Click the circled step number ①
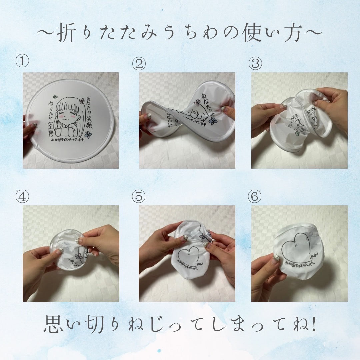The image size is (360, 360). (23, 62)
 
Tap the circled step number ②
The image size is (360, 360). (139, 63)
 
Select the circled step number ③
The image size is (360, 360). (255, 63)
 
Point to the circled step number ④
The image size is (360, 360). (23, 197)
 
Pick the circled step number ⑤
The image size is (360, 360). (139, 197)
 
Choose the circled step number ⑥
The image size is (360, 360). (255, 197)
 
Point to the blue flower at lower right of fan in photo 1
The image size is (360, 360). (88, 135)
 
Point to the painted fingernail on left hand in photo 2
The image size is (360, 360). (147, 116)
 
